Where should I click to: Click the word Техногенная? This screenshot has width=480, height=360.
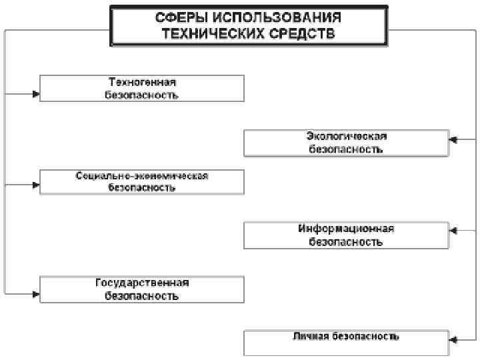142,82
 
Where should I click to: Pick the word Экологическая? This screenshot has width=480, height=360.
346,136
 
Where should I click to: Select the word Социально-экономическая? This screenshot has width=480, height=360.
142,176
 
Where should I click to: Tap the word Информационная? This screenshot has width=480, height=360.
346,229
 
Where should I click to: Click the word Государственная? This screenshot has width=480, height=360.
142,283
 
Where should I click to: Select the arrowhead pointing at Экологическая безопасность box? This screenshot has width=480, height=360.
453,139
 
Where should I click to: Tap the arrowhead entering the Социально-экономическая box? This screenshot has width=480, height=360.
36,184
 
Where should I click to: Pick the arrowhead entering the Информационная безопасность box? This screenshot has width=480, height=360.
453,231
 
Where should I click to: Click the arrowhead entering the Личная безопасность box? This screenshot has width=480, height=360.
453,339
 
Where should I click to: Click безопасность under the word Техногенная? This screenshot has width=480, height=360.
142,95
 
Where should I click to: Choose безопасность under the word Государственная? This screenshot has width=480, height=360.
142,295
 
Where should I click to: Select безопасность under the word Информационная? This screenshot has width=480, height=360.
346,242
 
